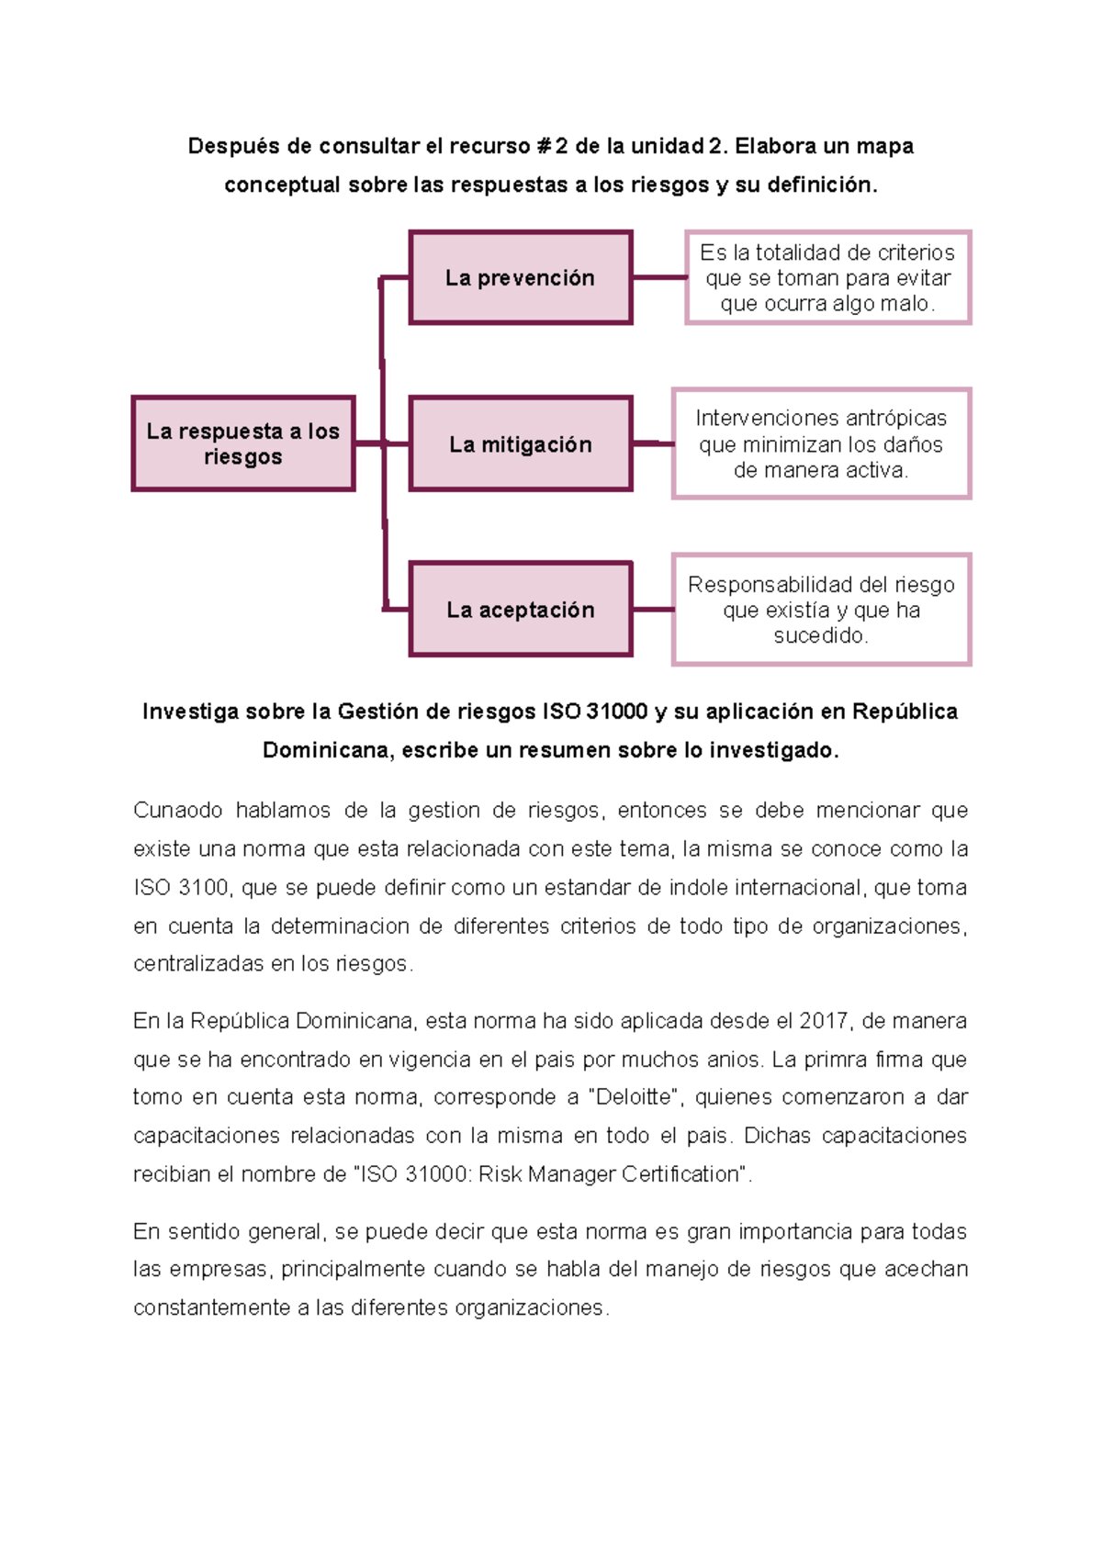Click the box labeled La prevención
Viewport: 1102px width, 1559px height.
pos(520,277)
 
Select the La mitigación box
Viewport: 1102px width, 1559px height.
pos(520,444)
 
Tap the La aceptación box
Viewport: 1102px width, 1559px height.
pos(520,610)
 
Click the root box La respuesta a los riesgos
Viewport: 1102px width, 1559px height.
pos(242,444)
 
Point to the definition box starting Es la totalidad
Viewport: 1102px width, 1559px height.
pos(827,277)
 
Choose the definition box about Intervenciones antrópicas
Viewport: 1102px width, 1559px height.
pos(821,444)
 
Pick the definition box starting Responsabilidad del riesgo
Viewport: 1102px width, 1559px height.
pos(821,610)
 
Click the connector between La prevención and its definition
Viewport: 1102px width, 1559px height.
pos(658,277)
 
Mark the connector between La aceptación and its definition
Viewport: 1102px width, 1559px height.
pos(652,610)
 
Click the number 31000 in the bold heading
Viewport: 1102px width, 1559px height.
pos(617,712)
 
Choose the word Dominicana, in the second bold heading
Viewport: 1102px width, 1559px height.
pos(329,750)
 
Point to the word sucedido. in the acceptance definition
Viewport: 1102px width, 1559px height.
pos(821,635)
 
